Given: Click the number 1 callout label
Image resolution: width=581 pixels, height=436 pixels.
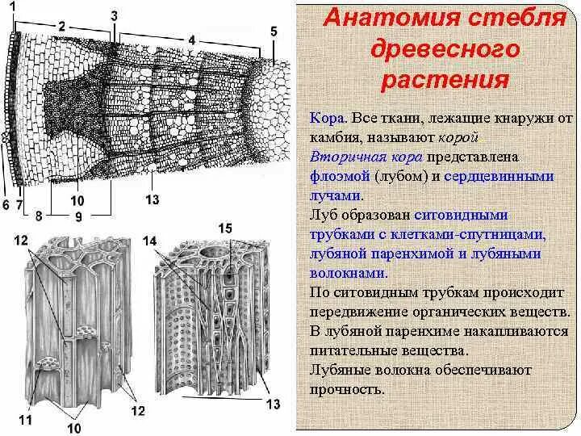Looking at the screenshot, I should [12, 6].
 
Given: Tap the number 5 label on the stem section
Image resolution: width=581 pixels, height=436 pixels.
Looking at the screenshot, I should [274, 31].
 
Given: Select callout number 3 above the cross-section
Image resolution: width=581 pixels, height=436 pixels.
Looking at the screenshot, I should [114, 15].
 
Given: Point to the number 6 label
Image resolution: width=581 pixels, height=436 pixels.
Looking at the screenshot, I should [6, 205].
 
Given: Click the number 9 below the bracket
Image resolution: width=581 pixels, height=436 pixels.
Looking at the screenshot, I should [77, 217].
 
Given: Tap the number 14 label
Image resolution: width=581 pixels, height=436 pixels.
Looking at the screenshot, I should [149, 241].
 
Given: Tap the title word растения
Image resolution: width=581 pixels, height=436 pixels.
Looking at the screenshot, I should [445, 81].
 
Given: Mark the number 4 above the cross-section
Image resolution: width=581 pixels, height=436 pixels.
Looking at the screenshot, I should [191, 39].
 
